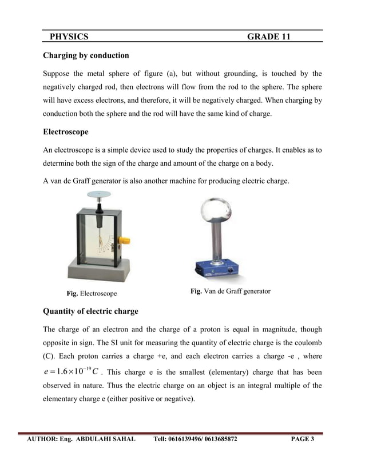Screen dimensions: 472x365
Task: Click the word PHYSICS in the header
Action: point(69,37)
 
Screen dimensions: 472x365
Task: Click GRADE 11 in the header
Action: point(268,37)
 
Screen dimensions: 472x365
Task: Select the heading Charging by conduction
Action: point(86,55)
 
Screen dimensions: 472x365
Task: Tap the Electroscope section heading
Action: point(66,132)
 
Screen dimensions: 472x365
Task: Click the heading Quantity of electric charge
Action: point(90,311)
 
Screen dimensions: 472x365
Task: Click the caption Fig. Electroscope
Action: point(92,293)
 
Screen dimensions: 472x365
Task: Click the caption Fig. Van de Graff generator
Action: point(230,291)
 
